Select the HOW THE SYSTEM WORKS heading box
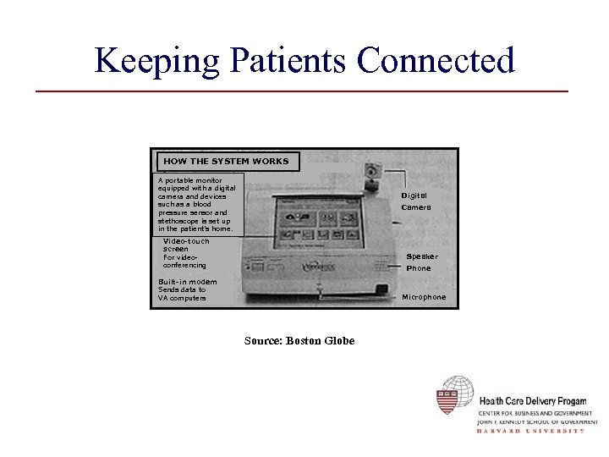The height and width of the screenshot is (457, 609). pos(225,161)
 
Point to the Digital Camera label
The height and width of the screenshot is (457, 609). pos(415,201)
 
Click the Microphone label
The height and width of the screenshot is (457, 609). pos(423,297)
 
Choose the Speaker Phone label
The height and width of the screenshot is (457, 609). pos(420,262)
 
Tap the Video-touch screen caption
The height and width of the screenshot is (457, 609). pos(185,253)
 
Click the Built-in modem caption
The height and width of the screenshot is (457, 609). pos(187,289)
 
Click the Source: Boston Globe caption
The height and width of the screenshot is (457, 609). pos(299,340)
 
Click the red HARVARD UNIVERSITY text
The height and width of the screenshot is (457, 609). pos(530,431)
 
